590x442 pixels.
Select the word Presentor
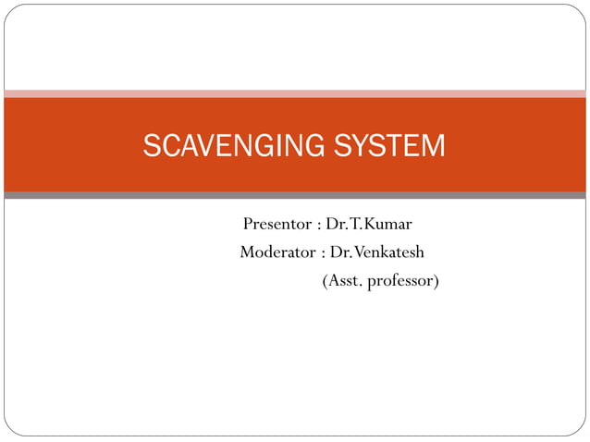pyautogui.click(x=276, y=225)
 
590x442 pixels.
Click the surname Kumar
pyautogui.click(x=390, y=225)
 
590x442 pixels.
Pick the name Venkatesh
pyautogui.click(x=390, y=252)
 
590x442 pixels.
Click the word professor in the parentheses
pyautogui.click(x=399, y=279)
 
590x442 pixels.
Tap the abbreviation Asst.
pyautogui.click(x=343, y=279)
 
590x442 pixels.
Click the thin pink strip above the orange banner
pyautogui.click(x=295, y=93)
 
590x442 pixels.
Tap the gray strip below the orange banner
pyautogui.click(x=295, y=195)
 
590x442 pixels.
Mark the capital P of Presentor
pyautogui.click(x=248, y=225)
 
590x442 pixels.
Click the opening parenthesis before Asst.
pyautogui.click(x=325, y=279)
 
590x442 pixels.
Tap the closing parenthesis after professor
pyautogui.click(x=436, y=279)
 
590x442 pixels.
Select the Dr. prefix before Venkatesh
pyautogui.click(x=338, y=252)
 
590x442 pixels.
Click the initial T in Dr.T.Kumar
pyautogui.click(x=355, y=225)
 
